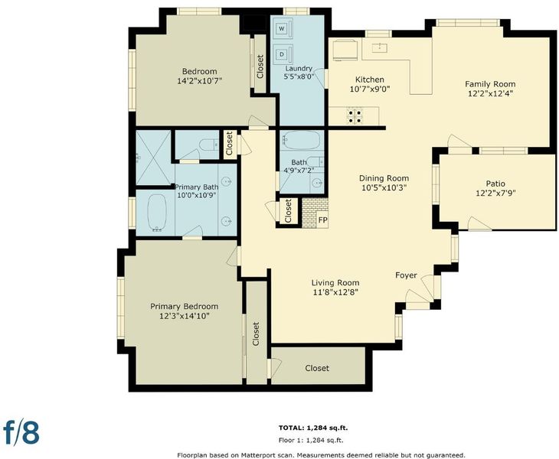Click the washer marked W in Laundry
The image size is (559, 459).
point(282,28)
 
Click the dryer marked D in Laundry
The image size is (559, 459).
point(282,54)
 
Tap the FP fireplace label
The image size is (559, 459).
point(322,220)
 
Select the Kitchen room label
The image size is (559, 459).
point(370,80)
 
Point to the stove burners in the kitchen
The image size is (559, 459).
point(355,116)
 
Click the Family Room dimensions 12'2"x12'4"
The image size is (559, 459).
point(491,93)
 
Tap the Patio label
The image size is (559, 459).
point(495,184)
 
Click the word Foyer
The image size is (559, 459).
point(406,275)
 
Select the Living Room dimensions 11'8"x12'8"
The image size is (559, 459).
point(335,292)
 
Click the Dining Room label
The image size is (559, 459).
point(384,178)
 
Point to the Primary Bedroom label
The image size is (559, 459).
point(184,306)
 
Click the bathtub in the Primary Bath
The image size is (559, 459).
point(157,212)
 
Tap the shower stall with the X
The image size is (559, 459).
point(154,158)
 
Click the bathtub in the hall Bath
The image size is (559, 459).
point(302,140)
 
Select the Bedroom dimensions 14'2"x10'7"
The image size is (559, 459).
point(199,81)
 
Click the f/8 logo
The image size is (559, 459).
point(21,432)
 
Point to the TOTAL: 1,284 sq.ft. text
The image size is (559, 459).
point(313,428)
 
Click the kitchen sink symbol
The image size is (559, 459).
point(381,47)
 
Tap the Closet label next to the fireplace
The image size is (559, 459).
point(288,210)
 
